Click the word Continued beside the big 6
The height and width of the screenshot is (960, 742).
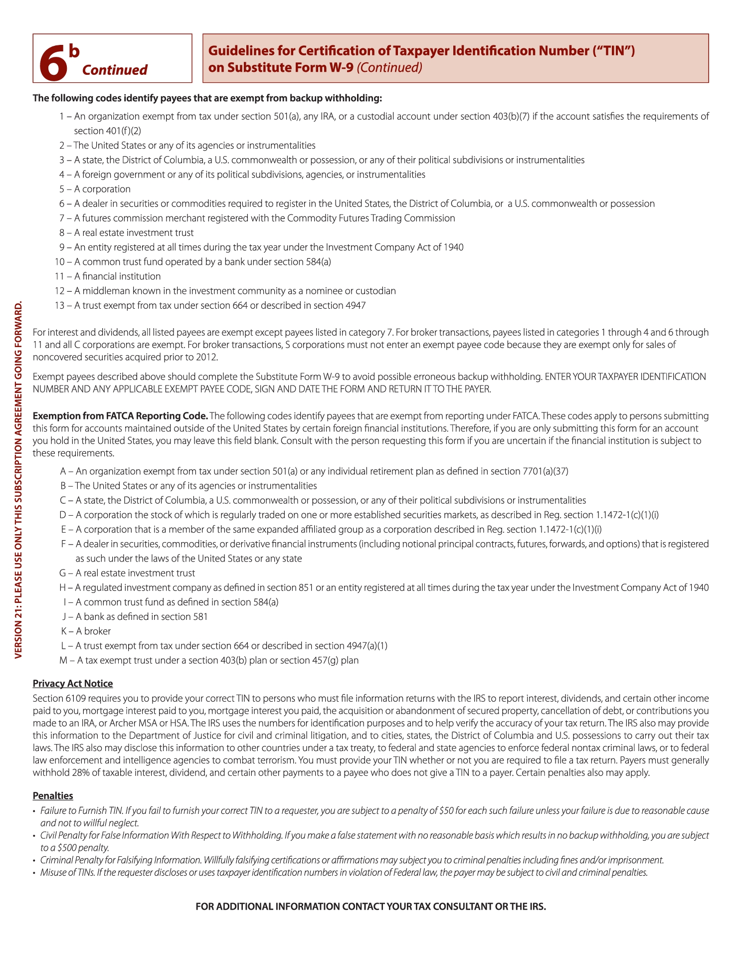click(x=115, y=70)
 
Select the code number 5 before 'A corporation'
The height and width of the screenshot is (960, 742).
click(x=62, y=189)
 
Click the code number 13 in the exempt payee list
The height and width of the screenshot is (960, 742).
click(x=59, y=305)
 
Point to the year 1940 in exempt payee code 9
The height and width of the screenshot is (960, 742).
click(x=453, y=247)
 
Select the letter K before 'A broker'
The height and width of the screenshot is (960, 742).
click(x=64, y=631)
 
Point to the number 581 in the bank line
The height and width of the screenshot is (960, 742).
click(x=200, y=617)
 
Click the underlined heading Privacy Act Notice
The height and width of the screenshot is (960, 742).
click(x=73, y=684)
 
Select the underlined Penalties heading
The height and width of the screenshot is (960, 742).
click(x=53, y=796)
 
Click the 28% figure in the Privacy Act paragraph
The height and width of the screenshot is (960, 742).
click(x=73, y=773)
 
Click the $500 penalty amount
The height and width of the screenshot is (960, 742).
click(x=67, y=848)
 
